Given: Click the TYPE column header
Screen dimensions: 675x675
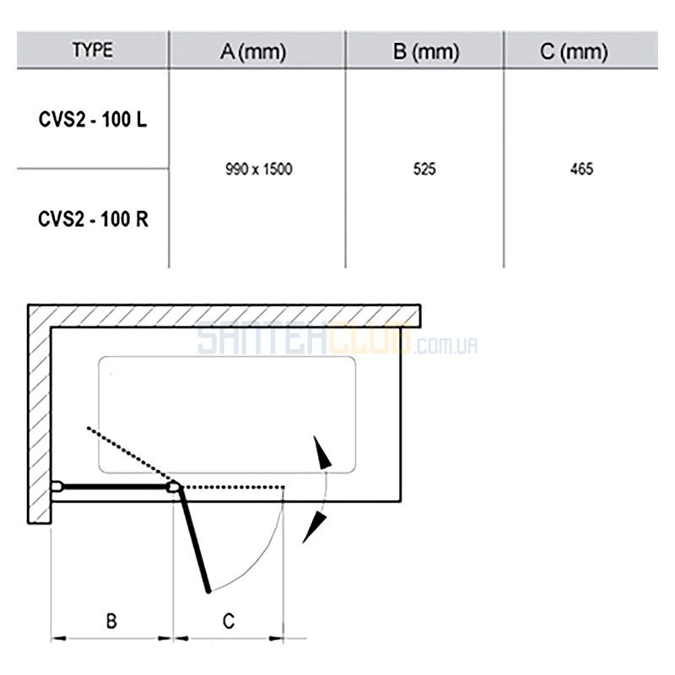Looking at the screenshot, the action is (93, 50).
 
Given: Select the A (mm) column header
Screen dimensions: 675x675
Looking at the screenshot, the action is (253, 51).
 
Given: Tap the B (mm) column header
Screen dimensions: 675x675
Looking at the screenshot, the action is (426, 51).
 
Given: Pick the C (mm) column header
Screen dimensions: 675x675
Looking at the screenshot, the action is (574, 51).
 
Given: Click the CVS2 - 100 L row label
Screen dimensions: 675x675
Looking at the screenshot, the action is (93, 119).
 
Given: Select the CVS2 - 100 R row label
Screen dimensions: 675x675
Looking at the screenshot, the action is (93, 219).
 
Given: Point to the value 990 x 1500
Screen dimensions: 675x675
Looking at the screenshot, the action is (259, 169).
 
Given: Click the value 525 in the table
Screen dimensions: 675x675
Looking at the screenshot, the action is (424, 169).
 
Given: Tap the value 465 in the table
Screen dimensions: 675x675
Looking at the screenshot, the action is (581, 169).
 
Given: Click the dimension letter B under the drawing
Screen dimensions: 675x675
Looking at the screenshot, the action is (111, 621).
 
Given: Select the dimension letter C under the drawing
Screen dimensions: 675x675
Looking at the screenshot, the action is (229, 621).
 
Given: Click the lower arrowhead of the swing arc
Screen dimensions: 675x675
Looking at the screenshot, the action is (313, 526).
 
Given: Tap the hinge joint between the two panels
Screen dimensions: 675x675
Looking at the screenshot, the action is (174, 487).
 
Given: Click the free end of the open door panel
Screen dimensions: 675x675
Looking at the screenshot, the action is (208, 591).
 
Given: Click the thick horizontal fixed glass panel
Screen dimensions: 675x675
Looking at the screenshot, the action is (116, 487).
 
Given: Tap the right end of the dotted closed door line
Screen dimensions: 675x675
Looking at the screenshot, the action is (283, 488).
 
